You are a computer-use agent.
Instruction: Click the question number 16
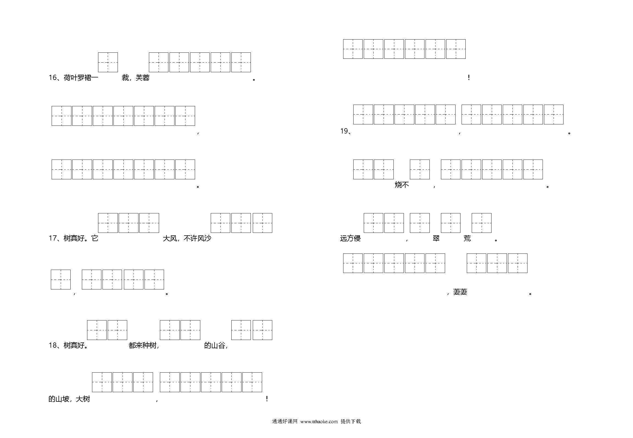52,78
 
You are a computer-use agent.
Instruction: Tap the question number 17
52,238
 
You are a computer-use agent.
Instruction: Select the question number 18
52,345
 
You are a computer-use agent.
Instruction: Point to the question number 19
344,131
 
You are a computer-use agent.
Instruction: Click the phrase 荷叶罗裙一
81,78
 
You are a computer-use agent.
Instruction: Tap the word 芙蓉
143,78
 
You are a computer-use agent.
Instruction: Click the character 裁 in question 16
125,78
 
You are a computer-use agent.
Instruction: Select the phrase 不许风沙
197,238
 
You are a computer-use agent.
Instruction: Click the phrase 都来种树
142,345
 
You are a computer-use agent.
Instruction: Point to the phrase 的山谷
214,345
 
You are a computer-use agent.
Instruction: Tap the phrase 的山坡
59,399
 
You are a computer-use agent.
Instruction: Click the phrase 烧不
402,185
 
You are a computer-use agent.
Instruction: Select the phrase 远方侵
350,238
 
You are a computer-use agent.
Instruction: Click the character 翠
436,238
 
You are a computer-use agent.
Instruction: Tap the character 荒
467,238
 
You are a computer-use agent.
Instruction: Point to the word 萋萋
460,292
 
